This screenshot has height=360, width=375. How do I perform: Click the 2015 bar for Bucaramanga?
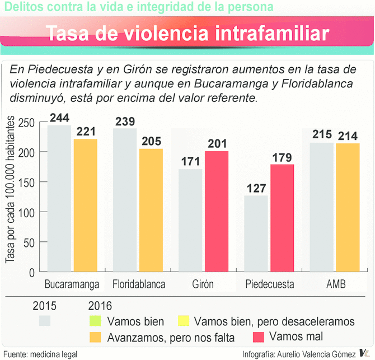59,199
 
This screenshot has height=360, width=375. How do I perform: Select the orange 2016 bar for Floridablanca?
151,210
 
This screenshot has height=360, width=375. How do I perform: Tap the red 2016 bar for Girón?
217,212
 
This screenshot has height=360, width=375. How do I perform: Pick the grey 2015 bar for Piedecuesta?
256,233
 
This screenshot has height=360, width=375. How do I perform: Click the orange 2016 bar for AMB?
348,208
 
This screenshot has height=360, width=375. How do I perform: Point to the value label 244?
60,118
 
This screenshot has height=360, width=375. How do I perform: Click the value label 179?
282,157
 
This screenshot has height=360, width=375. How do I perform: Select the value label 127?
256,188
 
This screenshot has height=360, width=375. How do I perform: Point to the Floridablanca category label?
139,284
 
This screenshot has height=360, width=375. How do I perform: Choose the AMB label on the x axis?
336,284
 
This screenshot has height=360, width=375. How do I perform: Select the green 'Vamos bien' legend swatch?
95,321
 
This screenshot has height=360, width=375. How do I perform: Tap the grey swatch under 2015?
44,321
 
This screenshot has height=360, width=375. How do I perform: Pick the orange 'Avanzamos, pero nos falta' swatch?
95,337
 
